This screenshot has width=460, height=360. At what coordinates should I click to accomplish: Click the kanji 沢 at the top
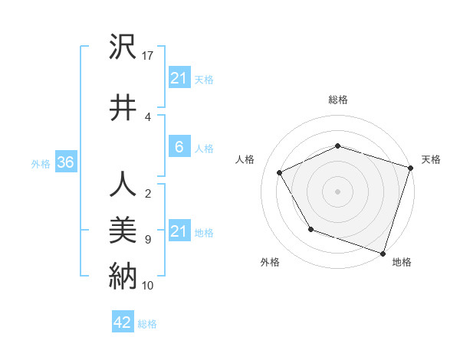[123, 47]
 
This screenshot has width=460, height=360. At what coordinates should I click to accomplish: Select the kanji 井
[123, 107]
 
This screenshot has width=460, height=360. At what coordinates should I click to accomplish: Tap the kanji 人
[123, 185]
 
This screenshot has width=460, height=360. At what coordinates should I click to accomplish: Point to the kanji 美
[123, 231]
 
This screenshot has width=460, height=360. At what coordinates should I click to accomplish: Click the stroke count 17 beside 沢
[148, 56]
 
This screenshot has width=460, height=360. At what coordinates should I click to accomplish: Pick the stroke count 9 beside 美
[147, 240]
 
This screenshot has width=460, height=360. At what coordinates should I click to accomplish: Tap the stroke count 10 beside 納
[148, 286]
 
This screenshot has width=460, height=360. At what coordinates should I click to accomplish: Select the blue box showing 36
[65, 162]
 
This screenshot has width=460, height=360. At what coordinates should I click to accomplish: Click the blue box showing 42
[123, 322]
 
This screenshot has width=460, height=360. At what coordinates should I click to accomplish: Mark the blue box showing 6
[179, 147]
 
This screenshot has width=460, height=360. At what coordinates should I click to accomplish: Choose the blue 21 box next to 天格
[179, 78]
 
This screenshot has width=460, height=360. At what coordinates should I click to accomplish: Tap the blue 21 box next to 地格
[179, 231]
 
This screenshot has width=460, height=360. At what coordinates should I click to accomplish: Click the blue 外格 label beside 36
[41, 163]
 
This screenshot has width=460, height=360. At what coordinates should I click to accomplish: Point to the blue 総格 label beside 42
[147, 324]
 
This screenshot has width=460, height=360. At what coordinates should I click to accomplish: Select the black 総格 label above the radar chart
[338, 100]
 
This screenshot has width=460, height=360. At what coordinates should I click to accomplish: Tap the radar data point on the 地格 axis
[383, 253]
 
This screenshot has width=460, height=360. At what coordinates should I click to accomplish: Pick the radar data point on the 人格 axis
[280, 173]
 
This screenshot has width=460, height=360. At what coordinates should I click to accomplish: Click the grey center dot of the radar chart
[338, 191]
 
